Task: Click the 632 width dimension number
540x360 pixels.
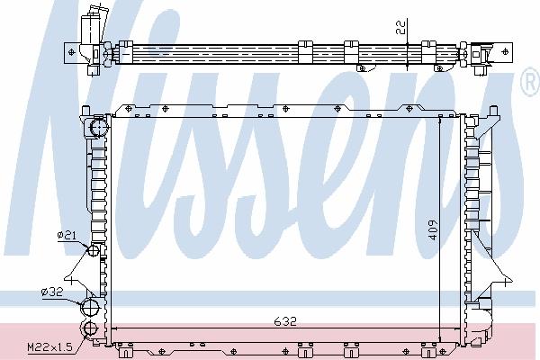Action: (x=285, y=321)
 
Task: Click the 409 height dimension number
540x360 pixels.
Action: (x=433, y=229)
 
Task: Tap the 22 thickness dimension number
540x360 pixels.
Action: (x=400, y=26)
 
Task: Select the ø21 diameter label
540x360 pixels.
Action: (x=67, y=235)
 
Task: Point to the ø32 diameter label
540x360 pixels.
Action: (x=52, y=292)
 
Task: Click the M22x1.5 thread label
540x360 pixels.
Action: (x=49, y=346)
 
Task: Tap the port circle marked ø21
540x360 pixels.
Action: (x=94, y=250)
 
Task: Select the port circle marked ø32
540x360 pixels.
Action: (x=90, y=307)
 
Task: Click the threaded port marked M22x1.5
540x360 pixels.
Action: (x=89, y=328)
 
